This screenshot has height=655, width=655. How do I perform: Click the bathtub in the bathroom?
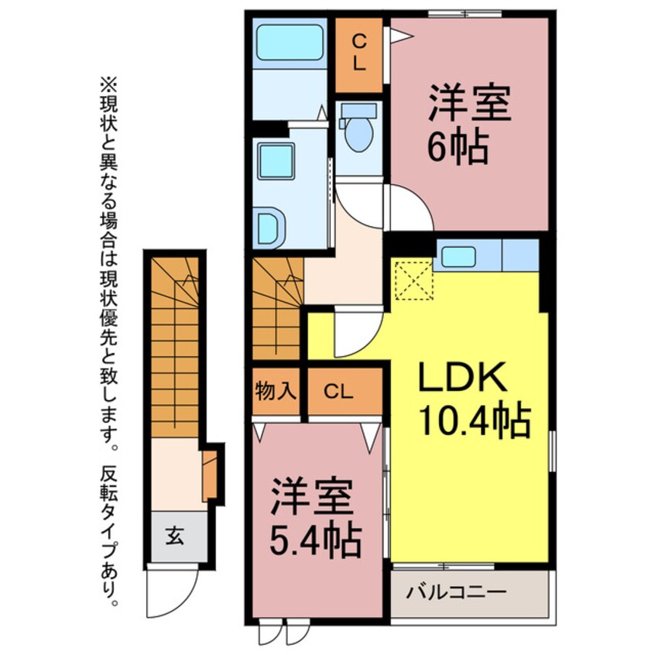click(290, 43)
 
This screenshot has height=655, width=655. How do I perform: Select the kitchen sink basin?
click(458, 256)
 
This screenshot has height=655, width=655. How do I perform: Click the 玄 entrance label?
click(175, 536)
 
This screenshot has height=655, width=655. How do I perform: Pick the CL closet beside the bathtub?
click(358, 53)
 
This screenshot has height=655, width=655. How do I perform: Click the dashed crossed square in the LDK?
click(413, 279)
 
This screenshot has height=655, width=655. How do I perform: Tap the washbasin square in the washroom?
click(276, 161)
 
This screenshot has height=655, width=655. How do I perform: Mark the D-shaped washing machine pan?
click(271, 228)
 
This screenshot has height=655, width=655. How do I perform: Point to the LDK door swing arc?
click(358, 331)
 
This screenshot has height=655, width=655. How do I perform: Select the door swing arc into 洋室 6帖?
click(412, 207)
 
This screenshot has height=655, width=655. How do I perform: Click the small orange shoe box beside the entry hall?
click(210, 475)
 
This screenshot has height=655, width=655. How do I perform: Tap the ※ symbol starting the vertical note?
click(108, 87)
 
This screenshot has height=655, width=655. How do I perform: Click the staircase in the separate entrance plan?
click(175, 347)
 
